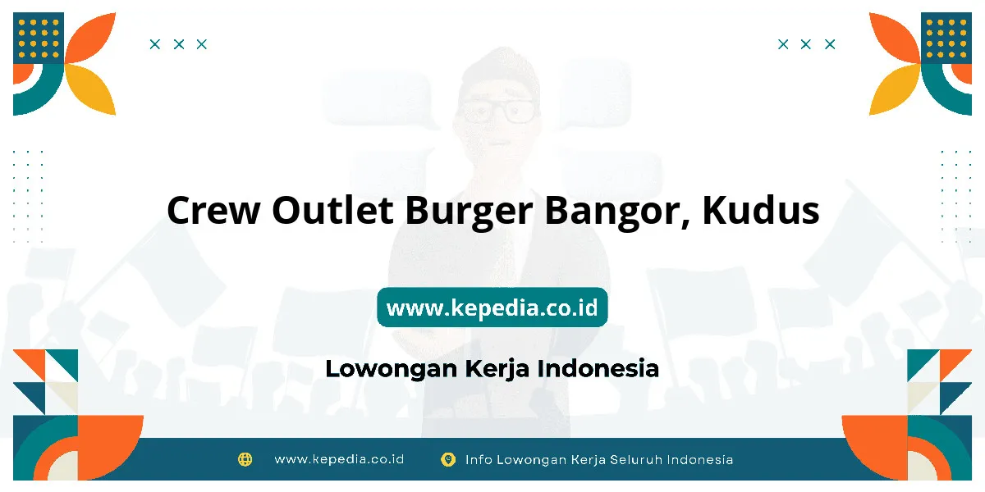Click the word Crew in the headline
213,211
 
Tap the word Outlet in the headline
332,210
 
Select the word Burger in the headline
470,212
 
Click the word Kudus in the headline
761,210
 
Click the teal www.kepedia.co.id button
492,307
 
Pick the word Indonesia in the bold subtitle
598,368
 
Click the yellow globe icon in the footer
245,459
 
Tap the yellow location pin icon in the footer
448,459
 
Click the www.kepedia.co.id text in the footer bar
339,459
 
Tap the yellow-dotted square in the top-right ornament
946,38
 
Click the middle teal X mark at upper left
179,44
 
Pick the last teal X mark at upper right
830,44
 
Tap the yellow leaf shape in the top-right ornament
893,89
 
